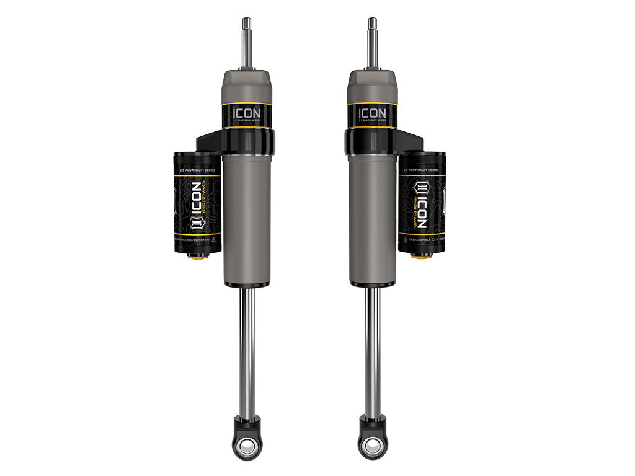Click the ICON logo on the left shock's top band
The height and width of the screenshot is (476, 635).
pos(246,113)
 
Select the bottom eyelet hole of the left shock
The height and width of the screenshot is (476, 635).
pos(246,445)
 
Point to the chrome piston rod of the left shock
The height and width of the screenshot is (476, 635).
pos(247,347)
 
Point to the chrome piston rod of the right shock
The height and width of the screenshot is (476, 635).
pos(372,347)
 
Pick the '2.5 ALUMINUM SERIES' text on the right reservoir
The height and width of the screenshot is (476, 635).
pos(422,169)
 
